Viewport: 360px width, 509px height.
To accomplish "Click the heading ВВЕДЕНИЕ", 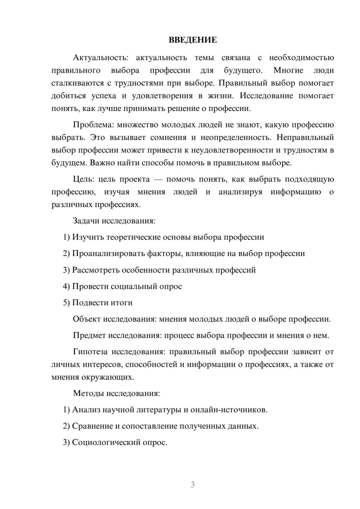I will coord(193,40).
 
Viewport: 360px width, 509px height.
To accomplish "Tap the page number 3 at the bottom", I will coord(193,485).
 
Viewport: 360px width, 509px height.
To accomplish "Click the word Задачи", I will coord(86,221).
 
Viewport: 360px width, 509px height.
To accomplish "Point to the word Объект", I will coord(87,319).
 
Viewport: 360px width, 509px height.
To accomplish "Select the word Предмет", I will coord(89,335).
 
